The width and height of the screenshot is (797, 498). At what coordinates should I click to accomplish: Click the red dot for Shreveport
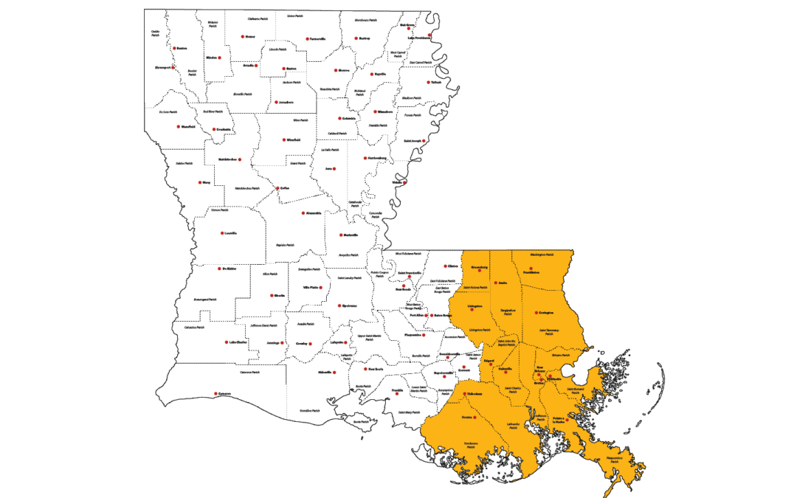point(173,67)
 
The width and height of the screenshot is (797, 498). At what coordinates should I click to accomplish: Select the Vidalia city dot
point(404,181)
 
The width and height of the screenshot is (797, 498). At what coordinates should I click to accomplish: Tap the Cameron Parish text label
point(250,373)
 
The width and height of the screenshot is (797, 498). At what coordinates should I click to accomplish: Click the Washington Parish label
point(543,255)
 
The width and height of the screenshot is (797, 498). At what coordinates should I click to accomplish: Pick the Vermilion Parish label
point(311,411)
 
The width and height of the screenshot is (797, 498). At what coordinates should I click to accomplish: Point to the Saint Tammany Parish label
point(547,331)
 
